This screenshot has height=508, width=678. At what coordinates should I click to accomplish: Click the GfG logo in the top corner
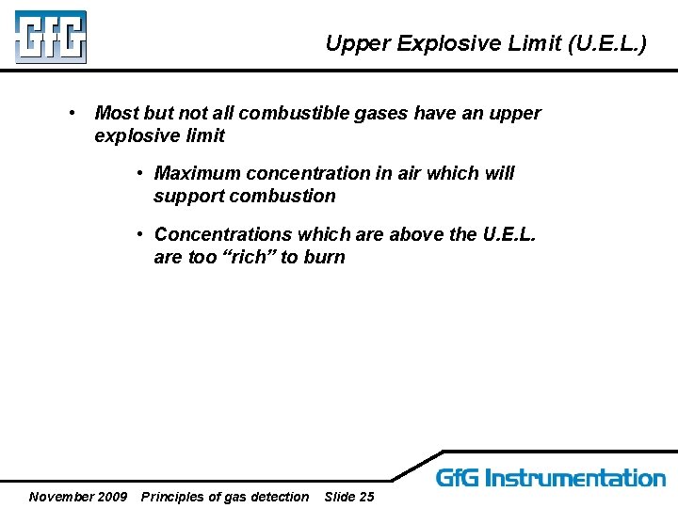pos(50,37)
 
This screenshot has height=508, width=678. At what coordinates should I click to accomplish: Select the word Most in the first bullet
pos(116,114)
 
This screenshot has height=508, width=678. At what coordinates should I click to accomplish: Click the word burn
pos(324,258)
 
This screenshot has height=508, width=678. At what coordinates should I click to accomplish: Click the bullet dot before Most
pos(73,114)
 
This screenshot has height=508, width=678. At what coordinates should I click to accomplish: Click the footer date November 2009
pos(78,497)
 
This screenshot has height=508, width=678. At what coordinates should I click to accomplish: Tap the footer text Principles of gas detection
pos(224,497)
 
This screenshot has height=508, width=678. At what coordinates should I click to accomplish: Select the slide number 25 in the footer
pos(365,497)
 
